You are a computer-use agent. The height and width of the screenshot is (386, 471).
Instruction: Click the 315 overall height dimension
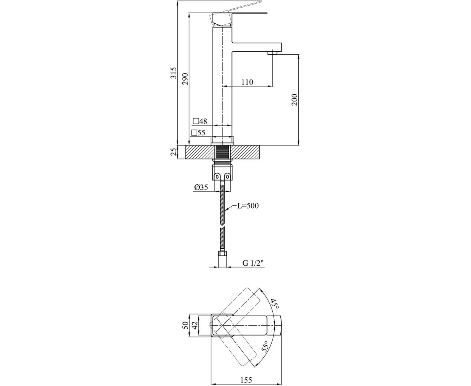[173, 73]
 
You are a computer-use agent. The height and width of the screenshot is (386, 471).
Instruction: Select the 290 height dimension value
[185, 78]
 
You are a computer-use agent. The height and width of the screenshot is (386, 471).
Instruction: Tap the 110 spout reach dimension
[247, 82]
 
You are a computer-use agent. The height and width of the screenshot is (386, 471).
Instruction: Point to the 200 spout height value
[295, 100]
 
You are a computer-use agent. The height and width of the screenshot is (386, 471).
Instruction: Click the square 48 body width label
[200, 121]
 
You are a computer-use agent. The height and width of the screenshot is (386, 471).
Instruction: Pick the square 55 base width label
[198, 133]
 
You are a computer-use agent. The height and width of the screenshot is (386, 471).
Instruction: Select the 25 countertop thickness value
[173, 152]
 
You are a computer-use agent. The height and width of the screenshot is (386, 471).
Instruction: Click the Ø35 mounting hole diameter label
[201, 187]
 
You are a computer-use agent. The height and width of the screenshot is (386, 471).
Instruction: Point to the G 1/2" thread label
[253, 263]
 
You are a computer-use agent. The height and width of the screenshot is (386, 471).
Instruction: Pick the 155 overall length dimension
[246, 374]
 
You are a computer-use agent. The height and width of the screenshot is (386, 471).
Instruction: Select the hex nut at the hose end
[222, 254]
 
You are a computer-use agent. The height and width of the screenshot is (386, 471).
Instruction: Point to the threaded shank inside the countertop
[222, 152]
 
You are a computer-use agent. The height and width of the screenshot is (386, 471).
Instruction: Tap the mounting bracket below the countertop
[222, 173]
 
